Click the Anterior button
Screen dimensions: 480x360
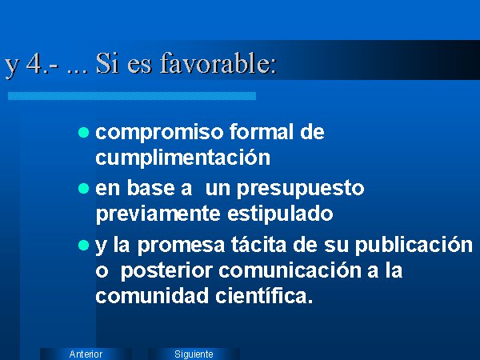(86, 354)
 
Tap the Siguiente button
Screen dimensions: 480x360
(194, 354)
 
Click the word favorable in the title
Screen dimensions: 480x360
(218, 64)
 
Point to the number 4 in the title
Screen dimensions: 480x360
(34, 64)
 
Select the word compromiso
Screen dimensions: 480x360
(160, 133)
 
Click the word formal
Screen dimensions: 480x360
(262, 132)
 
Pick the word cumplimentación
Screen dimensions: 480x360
(182, 158)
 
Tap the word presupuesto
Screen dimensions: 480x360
(300, 189)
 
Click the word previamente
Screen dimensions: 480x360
(158, 214)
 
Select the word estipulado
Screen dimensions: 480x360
(280, 213)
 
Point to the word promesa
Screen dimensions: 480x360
(181, 246)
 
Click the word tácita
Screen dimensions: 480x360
(259, 244)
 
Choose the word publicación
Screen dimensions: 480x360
(414, 245)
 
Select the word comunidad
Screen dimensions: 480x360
(152, 295)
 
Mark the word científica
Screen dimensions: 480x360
(264, 295)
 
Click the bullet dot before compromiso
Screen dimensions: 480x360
(83, 133)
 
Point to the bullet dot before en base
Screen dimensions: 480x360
(83, 189)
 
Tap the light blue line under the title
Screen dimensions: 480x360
(132, 96)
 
